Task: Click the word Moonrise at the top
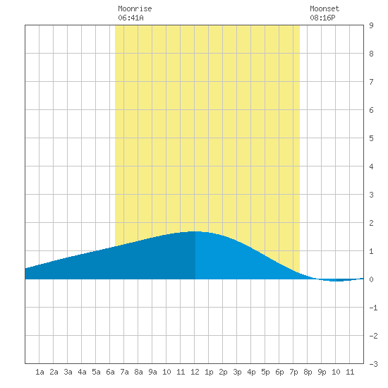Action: click(135, 8)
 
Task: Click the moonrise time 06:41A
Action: click(131, 18)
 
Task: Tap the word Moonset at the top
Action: click(325, 8)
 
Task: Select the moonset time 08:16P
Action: click(322, 18)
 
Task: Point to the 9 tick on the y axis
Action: click(371, 25)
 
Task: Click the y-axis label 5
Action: click(371, 138)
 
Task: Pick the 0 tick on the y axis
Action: click(371, 279)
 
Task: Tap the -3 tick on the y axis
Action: click(373, 364)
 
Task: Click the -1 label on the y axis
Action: click(373, 308)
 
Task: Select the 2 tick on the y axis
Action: click(371, 223)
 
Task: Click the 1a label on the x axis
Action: click(40, 372)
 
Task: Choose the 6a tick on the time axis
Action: click(110, 372)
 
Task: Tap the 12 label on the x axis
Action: click(195, 372)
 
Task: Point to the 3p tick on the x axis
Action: click(237, 372)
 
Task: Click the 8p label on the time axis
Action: click(308, 372)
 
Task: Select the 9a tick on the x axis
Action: click(152, 372)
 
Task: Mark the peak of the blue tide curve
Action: click(195, 231)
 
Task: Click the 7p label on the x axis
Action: click(293, 372)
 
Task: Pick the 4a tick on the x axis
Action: click(82, 372)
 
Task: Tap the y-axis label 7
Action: click(371, 82)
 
